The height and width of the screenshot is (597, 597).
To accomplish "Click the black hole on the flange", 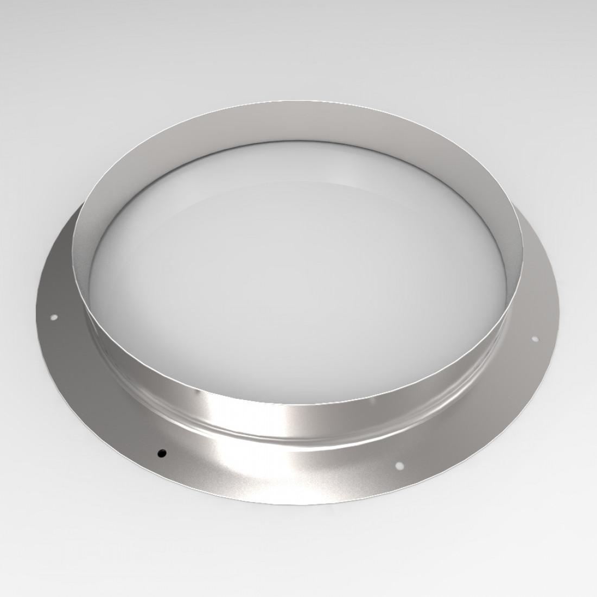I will coord(161,452).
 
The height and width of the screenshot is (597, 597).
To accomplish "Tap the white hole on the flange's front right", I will coord(399,465).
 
